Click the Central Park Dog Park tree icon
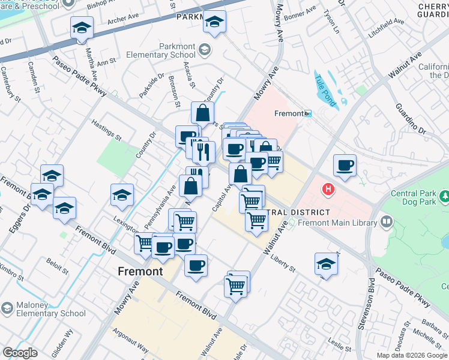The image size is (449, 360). point(444,196)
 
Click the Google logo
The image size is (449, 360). point(20,353)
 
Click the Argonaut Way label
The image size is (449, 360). point(130,340)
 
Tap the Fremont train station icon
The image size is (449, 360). point(308,113)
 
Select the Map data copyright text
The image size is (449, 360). point(412,355)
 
